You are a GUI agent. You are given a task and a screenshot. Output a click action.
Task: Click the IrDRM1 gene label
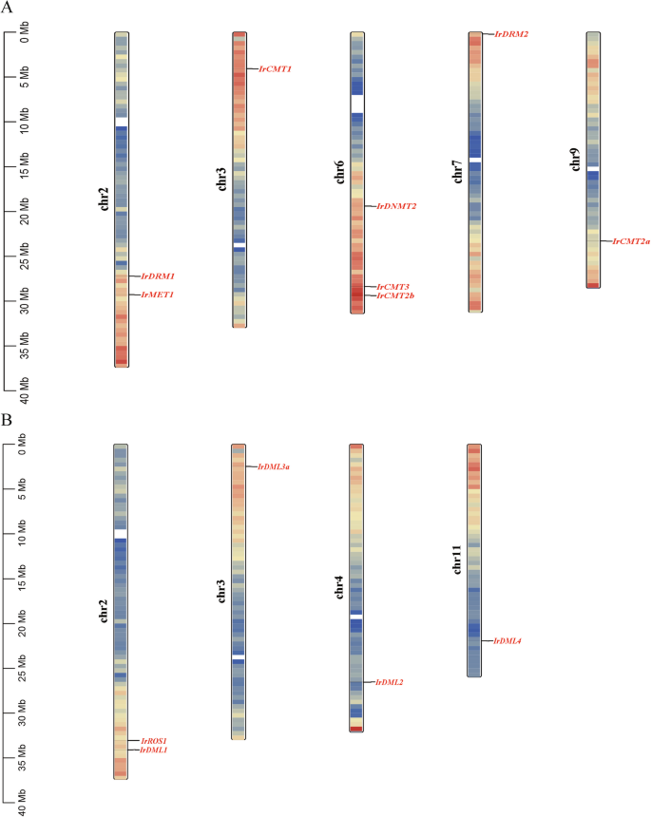[x=158, y=276]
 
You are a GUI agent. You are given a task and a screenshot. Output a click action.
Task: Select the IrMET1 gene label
[x=158, y=295]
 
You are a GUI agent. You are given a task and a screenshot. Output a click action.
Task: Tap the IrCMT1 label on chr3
[x=275, y=69]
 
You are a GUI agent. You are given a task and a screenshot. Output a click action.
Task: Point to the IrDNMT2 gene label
[x=396, y=206]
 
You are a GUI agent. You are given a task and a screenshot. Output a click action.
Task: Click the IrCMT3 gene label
[x=393, y=286]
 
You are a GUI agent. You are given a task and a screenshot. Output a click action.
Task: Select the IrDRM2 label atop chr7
[x=511, y=34]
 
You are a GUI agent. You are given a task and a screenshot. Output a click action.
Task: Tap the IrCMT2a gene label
[x=631, y=241]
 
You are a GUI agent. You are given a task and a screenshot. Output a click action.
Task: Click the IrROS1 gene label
[x=154, y=740]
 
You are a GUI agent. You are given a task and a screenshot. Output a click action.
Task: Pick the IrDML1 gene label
[x=154, y=750]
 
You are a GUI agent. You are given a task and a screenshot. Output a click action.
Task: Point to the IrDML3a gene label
[x=274, y=466]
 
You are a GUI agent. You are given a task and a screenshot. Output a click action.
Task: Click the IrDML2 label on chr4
[x=390, y=682]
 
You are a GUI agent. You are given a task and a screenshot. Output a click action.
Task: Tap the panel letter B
[x=7, y=418]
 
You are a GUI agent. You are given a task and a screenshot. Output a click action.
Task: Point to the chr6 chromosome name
[x=339, y=172]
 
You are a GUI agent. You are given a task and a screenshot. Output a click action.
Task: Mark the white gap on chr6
[x=356, y=104]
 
